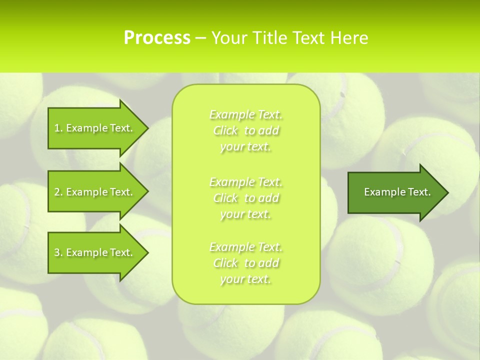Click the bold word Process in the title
(x=157, y=37)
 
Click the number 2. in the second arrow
(x=58, y=192)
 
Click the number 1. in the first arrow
(x=58, y=128)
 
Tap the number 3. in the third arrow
(x=58, y=252)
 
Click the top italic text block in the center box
(x=246, y=130)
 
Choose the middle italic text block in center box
(x=246, y=198)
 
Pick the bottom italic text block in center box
(x=246, y=263)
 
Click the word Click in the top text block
(x=225, y=130)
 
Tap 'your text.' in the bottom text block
(x=245, y=279)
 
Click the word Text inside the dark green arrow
(x=419, y=192)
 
